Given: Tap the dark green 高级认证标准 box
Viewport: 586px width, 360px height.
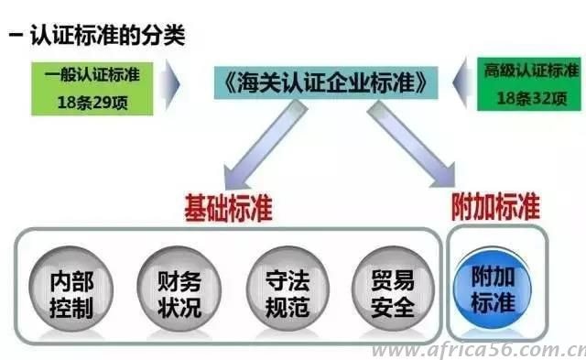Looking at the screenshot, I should [530, 85].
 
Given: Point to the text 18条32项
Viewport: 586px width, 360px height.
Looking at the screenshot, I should [530, 97].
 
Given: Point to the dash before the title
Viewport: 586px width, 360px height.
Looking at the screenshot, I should [16, 37].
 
